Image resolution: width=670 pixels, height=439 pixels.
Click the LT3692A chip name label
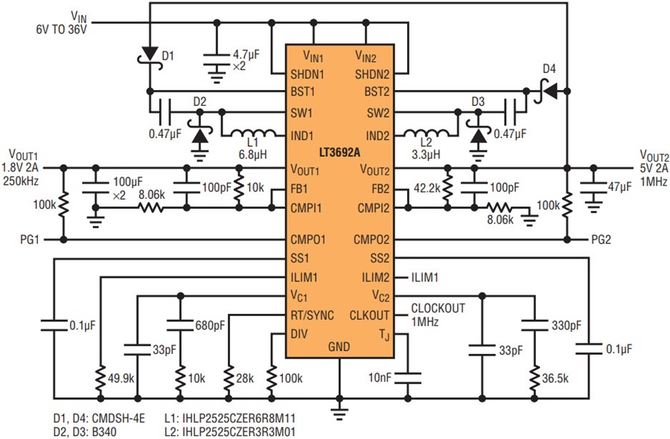coord(339,153)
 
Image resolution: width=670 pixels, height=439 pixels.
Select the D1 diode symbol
coord(150,55)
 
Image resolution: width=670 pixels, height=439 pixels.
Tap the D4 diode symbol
coord(547,90)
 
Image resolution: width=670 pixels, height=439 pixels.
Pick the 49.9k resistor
coord(100,378)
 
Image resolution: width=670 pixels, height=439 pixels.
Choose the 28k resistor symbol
coord(229,378)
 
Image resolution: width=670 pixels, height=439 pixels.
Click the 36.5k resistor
coord(534,378)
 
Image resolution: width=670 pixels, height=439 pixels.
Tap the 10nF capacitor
coord(407,378)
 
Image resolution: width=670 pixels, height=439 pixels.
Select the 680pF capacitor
coord(180,325)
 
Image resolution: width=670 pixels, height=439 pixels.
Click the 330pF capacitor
coord(534,325)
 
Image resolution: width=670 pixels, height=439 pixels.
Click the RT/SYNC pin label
coord(313,315)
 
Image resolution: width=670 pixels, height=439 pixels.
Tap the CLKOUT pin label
coord(369,315)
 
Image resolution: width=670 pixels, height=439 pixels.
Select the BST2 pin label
coord(377,92)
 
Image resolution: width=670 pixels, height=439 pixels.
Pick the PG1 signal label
coord(30,239)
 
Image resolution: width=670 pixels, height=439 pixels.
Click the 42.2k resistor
coord(447,189)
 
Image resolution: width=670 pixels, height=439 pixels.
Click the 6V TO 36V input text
coord(62,30)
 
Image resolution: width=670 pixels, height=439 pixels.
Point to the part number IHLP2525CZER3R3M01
coord(230,432)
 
